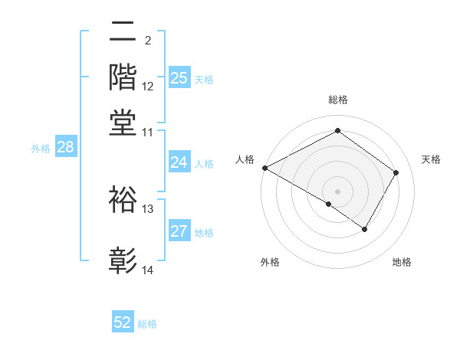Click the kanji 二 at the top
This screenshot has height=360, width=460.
click(x=123, y=32)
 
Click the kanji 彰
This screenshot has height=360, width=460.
click(x=123, y=260)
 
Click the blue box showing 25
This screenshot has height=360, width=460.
click(x=179, y=77)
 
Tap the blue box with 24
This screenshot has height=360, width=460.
click(x=179, y=162)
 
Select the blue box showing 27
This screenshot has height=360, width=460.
click(x=179, y=231)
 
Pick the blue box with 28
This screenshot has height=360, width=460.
click(x=65, y=147)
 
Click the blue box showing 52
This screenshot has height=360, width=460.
click(x=123, y=322)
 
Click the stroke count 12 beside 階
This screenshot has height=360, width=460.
click(x=148, y=86)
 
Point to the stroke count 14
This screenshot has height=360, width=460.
click(x=148, y=270)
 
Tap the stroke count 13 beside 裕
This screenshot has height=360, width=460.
click(x=148, y=208)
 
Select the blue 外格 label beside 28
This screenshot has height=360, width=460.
click(x=41, y=149)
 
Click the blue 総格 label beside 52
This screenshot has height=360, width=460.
click(x=147, y=324)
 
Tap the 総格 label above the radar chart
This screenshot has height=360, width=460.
click(x=337, y=100)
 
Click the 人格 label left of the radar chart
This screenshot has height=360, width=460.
click(x=245, y=159)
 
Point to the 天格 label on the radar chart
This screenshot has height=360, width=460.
click(x=431, y=159)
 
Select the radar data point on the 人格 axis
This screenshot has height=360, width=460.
click(x=264, y=168)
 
